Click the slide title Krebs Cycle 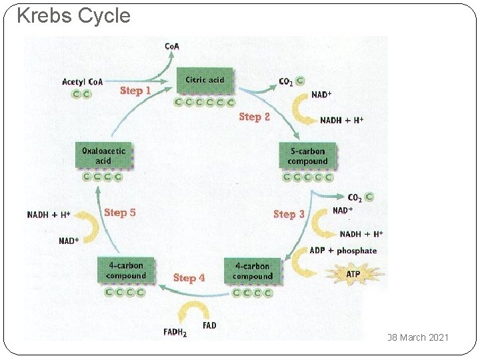[x=73, y=15]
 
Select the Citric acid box [x=205, y=81]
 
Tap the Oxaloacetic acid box [x=103, y=156]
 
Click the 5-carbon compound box [x=307, y=156]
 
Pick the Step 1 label [x=135, y=90]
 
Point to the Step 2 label [x=255, y=117]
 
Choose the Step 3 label [x=289, y=214]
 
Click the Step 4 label [x=189, y=277]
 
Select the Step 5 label [x=120, y=212]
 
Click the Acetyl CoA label [x=82, y=82]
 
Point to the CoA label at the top [x=172, y=46]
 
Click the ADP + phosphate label [x=343, y=251]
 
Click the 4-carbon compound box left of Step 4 [x=125, y=270]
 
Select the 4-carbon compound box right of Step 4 [x=252, y=271]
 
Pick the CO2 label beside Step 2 [x=286, y=81]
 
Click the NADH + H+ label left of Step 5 [x=49, y=215]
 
